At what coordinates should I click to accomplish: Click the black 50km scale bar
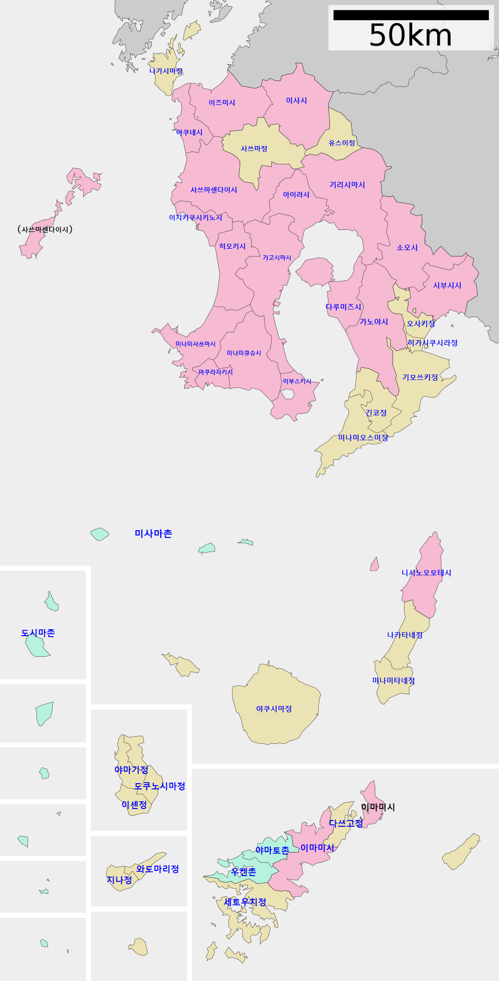[x=411, y=15]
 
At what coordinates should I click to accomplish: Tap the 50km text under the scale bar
[x=411, y=36]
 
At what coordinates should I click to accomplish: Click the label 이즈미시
[x=222, y=103]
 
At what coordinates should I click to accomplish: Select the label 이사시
[x=296, y=101]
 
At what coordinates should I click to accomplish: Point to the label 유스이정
[x=342, y=143]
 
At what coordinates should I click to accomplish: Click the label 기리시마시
[x=347, y=185]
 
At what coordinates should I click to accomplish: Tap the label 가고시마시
[x=277, y=258]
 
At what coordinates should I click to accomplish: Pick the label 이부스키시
[x=297, y=381]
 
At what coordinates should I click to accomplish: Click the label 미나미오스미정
[x=363, y=438]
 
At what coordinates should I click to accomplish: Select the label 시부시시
[x=448, y=286]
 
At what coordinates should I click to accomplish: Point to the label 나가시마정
[x=166, y=71]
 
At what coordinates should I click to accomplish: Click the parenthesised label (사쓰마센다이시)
[x=45, y=229]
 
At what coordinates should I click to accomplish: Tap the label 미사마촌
[x=153, y=533]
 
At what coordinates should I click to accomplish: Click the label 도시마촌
[x=38, y=633]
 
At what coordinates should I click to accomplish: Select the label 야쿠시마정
[x=274, y=709]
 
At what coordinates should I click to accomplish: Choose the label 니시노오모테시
[x=426, y=573]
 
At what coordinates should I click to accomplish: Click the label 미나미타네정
[x=393, y=681]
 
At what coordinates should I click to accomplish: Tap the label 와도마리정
[x=157, y=869]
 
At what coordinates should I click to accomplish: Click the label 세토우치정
[x=245, y=902]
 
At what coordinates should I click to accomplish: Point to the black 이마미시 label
[x=378, y=807]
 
